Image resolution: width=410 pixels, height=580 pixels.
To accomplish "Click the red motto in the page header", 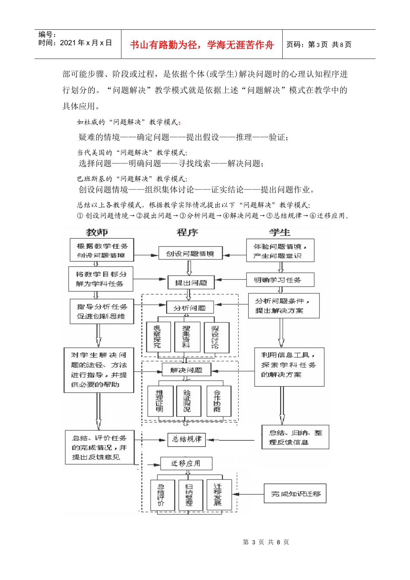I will click(x=202, y=45).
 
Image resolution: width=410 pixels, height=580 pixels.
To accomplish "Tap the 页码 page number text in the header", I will click(x=319, y=44).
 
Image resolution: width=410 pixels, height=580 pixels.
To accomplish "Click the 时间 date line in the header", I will click(x=75, y=43).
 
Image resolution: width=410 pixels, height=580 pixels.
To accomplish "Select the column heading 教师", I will click(x=97, y=232).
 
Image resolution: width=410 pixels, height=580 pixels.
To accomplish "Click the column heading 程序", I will click(x=187, y=232).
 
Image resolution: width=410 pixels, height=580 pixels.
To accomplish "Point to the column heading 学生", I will click(x=280, y=232).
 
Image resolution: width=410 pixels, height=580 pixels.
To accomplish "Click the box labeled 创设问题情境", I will click(x=190, y=254).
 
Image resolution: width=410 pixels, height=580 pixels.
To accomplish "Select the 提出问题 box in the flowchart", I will click(x=191, y=283).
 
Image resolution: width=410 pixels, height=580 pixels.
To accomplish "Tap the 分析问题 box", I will click(x=189, y=308).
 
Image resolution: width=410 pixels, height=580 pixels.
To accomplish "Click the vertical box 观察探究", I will click(x=158, y=337).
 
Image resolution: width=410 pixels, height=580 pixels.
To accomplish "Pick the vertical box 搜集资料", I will click(x=186, y=337).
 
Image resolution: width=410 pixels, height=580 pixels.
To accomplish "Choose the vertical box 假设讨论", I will click(x=215, y=337).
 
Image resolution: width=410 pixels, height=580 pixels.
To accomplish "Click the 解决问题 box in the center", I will click(x=186, y=370).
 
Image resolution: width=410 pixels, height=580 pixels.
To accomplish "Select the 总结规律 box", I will click(x=186, y=439).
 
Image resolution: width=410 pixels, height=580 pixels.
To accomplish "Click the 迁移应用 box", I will click(x=186, y=463).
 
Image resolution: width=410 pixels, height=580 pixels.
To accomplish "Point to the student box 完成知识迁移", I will click(x=295, y=494).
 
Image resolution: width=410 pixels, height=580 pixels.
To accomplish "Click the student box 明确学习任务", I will click(x=280, y=280).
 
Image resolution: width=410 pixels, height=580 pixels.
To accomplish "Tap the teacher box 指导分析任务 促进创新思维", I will click(x=102, y=311).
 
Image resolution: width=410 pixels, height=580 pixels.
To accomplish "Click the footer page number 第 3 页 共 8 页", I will click(x=266, y=542).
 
